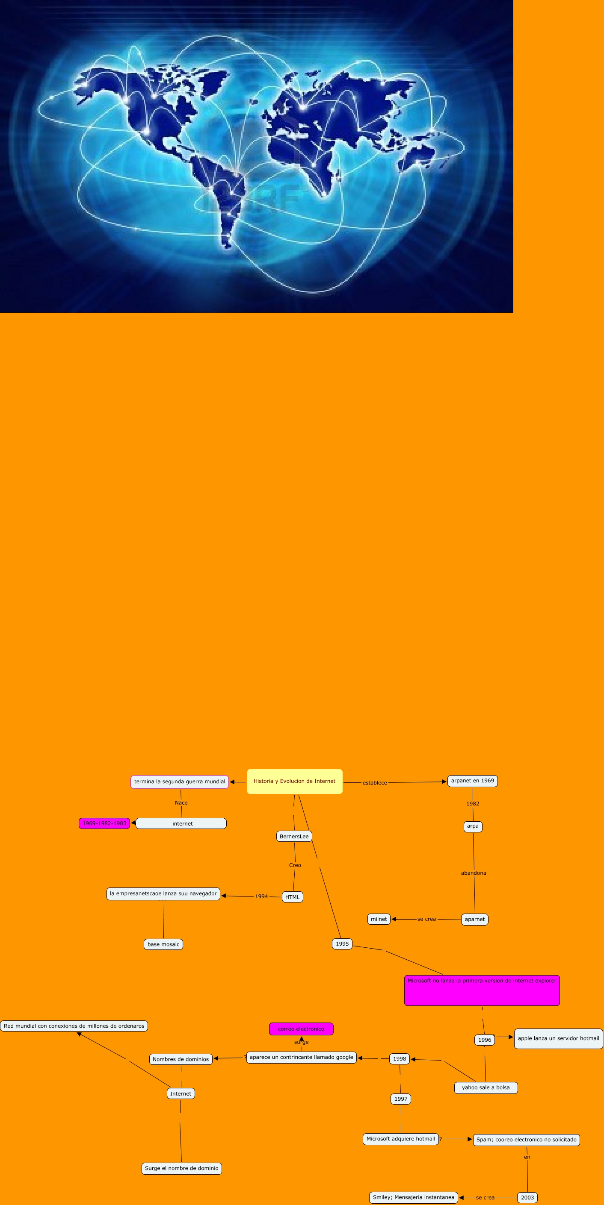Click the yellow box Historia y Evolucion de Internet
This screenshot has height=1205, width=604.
click(x=294, y=781)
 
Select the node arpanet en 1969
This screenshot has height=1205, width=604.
click(x=472, y=781)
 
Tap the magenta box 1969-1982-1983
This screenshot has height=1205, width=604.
click(x=104, y=823)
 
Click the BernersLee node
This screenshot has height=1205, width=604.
click(x=294, y=836)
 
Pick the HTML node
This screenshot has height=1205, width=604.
click(x=292, y=897)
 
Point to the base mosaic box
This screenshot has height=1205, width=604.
click(x=163, y=944)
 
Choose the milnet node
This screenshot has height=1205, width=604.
click(x=379, y=919)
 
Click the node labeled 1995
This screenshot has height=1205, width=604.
click(x=342, y=943)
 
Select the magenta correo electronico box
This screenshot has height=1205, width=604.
click(x=301, y=1029)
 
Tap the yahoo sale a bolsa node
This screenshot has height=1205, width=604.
click(x=486, y=1087)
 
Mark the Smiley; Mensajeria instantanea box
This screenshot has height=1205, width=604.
click(x=414, y=1197)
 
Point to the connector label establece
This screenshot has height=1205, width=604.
click(x=375, y=782)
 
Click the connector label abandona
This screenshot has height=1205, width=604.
click(x=474, y=873)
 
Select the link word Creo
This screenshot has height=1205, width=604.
click(x=295, y=865)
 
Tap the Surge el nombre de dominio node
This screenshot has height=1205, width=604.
click(x=182, y=1168)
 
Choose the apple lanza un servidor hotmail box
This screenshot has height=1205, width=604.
click(x=558, y=1038)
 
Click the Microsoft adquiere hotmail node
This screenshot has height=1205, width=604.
click(x=401, y=1139)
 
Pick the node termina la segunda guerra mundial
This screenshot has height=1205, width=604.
click(x=179, y=782)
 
